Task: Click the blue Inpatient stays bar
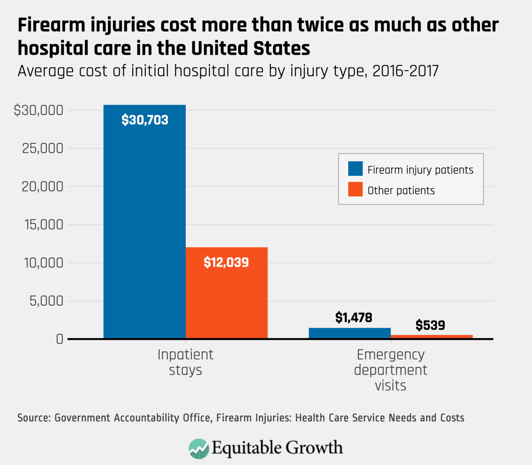tap(144, 222)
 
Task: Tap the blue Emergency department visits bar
tap(349, 333)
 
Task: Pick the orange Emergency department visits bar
tap(432, 336)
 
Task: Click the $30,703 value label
tap(145, 120)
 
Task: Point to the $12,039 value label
tap(226, 262)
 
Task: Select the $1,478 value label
tap(354, 317)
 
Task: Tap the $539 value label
tap(430, 325)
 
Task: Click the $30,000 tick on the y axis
tap(38, 110)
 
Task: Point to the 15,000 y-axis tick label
tap(44, 225)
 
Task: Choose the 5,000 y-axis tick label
tap(46, 301)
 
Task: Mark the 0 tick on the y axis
tap(60, 339)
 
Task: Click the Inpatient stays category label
tap(185, 362)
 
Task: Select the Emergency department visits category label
tap(390, 370)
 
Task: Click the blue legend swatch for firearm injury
tap(355, 169)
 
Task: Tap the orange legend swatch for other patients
tap(355, 189)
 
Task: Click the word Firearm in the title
tap(52, 25)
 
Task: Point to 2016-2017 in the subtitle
tap(405, 71)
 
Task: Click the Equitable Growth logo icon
tap(198, 448)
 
